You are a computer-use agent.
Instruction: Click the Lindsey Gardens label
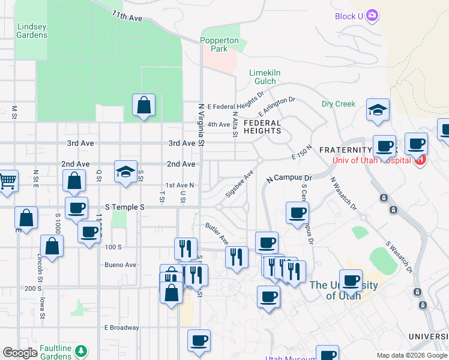tap(32, 31)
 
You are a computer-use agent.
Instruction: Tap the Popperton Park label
tap(219, 44)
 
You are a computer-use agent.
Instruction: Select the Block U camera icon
tap(372, 15)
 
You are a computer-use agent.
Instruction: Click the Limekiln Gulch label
tap(265, 77)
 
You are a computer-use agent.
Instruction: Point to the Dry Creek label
tap(339, 104)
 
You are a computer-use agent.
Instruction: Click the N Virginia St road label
tap(202, 123)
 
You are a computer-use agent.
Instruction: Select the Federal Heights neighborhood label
tap(262, 127)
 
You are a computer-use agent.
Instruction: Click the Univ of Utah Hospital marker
tap(420, 160)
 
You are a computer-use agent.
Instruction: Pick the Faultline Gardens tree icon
tap(78, 351)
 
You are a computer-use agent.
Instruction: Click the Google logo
tap(20, 353)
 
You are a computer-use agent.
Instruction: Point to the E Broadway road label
tap(121, 328)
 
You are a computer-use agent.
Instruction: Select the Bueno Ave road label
tap(120, 265)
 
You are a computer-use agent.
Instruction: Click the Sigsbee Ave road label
tap(239, 184)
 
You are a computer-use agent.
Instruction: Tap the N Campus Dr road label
tap(290, 178)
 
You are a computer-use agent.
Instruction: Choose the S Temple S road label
tap(125, 206)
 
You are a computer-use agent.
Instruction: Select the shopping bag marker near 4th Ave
tap(144, 106)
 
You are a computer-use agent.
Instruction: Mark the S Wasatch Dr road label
tap(400, 256)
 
